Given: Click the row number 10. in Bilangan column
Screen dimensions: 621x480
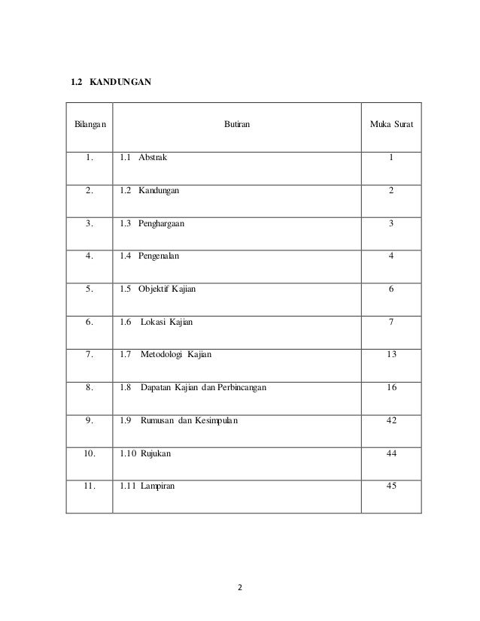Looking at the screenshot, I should (89, 453).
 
